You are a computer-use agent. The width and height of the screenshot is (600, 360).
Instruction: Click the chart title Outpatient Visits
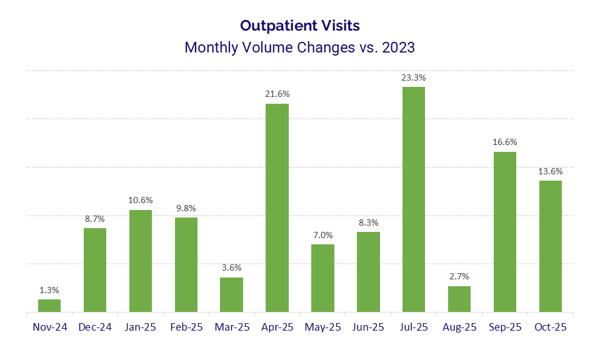coord(300,26)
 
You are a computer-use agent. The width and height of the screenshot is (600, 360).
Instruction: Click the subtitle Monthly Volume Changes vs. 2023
coord(300,47)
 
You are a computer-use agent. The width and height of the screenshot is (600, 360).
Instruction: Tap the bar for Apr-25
coord(277,207)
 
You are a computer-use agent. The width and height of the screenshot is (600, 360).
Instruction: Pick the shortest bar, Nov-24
coord(49,305)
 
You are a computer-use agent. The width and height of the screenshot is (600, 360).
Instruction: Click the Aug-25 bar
coord(459,299)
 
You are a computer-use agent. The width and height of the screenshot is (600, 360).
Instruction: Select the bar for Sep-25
coord(505,231)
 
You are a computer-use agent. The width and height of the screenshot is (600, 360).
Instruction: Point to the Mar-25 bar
coord(231,294)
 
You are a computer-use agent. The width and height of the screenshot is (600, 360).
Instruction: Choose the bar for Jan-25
coord(141,261)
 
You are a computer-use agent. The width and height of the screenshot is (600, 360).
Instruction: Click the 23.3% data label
coord(414,78)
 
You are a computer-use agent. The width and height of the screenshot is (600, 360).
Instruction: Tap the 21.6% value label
coord(277,94)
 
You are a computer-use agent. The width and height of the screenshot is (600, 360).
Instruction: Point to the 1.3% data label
coord(49,290)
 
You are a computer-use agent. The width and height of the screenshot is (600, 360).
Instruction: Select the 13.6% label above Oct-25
coord(551,171)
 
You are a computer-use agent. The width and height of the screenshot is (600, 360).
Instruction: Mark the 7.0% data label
coord(322,235)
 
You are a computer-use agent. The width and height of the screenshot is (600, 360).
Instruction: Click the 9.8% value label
coord(186,208)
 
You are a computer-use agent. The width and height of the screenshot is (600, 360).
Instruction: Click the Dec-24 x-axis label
coord(95,327)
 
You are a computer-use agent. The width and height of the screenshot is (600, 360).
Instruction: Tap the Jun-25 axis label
coord(368,327)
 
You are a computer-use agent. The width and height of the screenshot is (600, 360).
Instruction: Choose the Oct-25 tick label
coord(551,327)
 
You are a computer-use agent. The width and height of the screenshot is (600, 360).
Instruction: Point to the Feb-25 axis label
coord(186,327)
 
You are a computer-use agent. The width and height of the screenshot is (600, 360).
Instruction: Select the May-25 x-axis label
coord(322,327)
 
